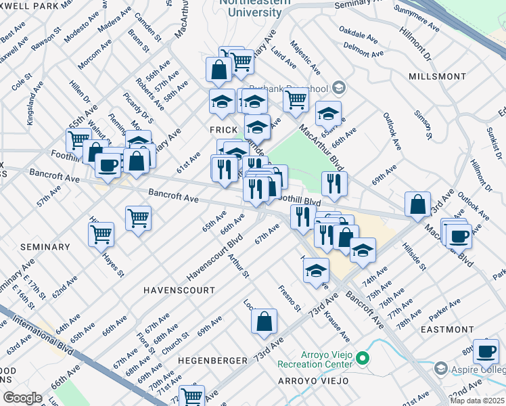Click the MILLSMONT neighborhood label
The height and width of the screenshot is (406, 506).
coord(437,76)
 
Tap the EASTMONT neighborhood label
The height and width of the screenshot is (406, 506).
coord(447,330)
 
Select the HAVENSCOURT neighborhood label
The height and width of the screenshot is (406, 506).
coord(179,290)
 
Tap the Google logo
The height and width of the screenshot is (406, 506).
coord(22,398)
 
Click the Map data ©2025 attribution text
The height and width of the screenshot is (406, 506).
coord(478,401)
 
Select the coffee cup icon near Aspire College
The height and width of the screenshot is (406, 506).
coord(486,353)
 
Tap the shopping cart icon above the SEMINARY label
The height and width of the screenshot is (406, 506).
coord(101,233)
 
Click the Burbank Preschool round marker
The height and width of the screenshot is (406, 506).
coord(339,88)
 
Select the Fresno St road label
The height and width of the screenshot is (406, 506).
coord(290,298)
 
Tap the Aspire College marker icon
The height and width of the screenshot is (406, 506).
coord(441,368)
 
